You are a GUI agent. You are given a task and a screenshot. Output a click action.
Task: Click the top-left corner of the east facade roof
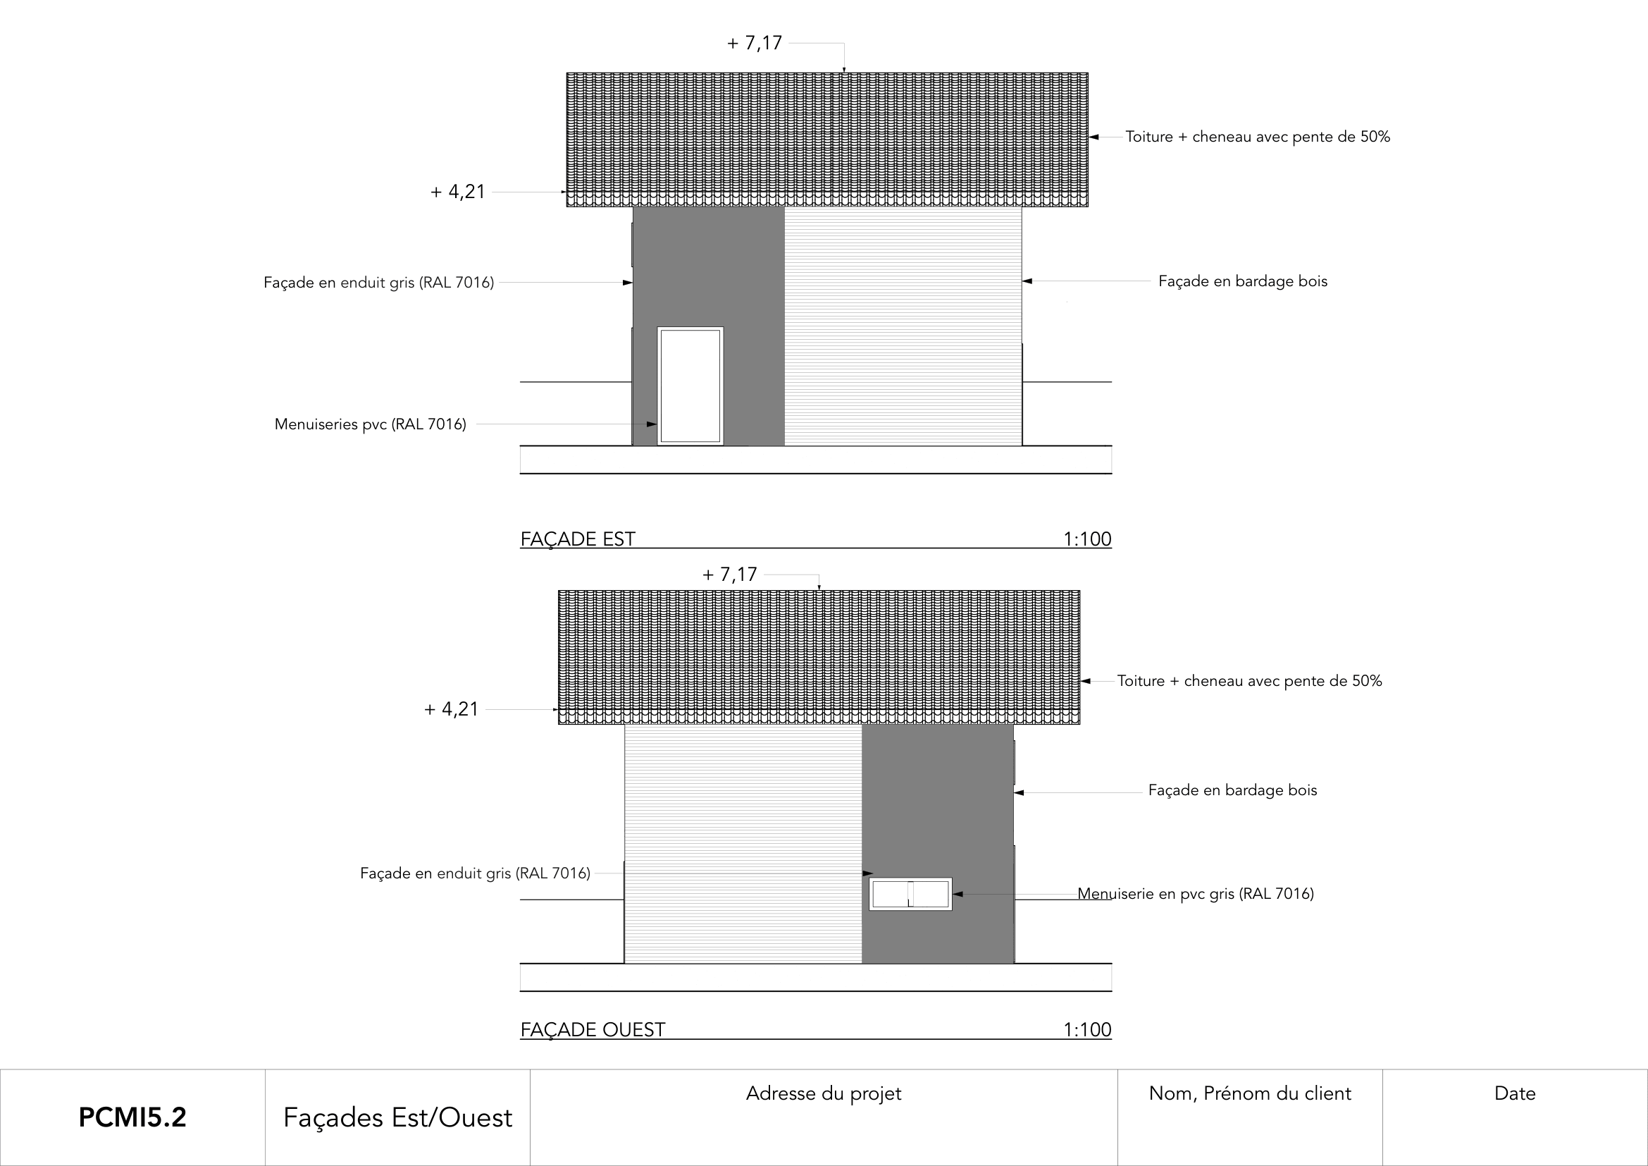[567, 73]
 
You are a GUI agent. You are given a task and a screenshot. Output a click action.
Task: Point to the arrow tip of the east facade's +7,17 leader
[844, 73]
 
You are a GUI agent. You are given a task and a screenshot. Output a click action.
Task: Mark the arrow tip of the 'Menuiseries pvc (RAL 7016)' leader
[657, 424]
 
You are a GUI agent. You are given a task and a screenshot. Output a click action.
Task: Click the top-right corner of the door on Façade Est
[724, 327]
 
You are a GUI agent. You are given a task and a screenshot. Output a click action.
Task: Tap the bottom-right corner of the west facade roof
[1079, 724]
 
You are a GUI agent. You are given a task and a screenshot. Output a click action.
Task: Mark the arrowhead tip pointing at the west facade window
[953, 894]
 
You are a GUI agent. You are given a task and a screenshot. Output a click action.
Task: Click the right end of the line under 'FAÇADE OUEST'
[1112, 1039]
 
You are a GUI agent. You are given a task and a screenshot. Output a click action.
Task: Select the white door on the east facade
[690, 386]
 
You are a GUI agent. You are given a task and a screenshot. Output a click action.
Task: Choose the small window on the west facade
[910, 894]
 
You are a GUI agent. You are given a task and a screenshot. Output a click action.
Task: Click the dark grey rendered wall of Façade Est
[708, 326]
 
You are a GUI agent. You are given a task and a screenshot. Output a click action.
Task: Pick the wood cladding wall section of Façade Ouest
[743, 844]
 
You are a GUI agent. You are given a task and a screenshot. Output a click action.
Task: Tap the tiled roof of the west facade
[819, 657]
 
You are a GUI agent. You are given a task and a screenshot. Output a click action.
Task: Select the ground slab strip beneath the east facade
[816, 460]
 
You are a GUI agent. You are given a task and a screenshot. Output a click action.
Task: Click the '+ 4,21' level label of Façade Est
[458, 192]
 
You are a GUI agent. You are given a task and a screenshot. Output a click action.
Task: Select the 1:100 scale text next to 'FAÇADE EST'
[1086, 539]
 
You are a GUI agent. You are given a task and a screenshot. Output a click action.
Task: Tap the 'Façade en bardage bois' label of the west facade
[1232, 790]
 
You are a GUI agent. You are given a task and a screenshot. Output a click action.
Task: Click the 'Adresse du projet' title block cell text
[823, 1093]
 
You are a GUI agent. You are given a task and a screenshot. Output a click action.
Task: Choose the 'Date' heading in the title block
[1515, 1093]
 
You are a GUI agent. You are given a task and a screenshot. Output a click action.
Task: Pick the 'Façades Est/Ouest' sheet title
[397, 1118]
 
